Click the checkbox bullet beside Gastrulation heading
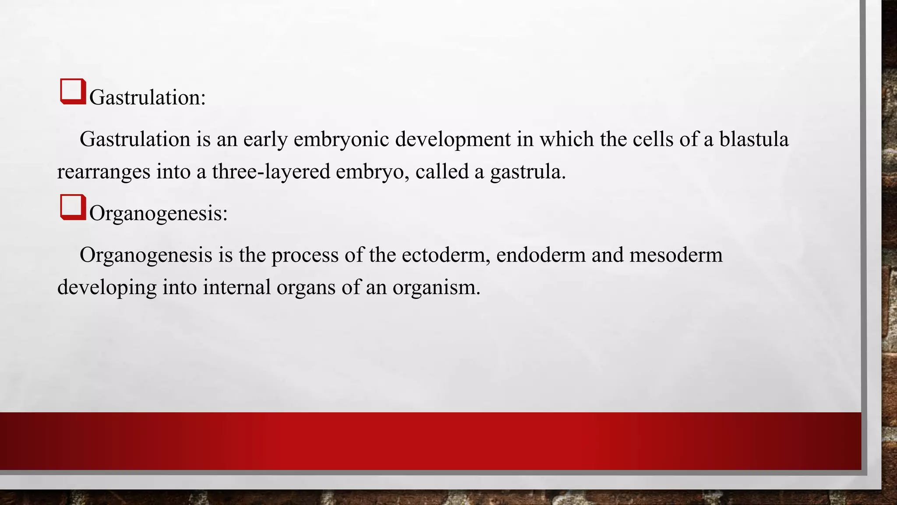73,91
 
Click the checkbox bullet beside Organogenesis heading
73,207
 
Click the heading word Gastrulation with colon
147,97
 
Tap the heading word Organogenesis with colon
158,213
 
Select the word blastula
753,139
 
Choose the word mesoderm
676,255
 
